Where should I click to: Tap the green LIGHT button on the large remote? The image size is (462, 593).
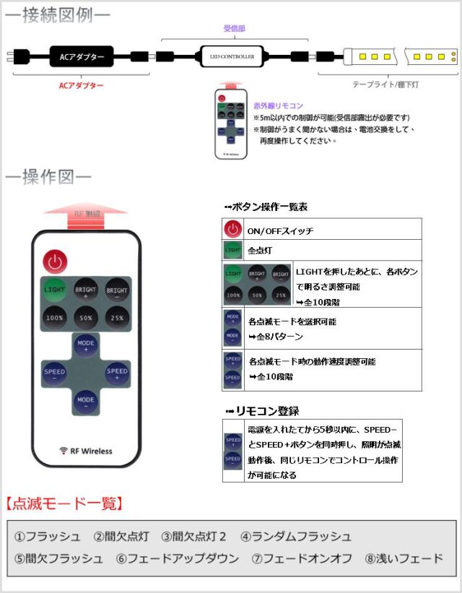click(x=55, y=289)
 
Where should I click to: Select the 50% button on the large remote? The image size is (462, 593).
click(x=86, y=318)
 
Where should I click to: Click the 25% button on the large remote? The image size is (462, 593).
click(x=116, y=318)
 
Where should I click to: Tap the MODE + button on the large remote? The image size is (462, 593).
click(x=86, y=345)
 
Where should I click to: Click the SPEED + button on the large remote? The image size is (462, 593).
click(x=117, y=373)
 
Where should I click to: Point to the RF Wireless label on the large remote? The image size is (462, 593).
click(x=86, y=451)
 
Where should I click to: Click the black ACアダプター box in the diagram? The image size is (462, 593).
click(x=82, y=56)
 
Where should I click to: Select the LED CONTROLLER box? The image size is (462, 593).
click(x=231, y=56)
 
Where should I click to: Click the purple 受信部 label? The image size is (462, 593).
click(x=232, y=28)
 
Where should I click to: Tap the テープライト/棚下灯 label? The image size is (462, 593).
click(x=386, y=84)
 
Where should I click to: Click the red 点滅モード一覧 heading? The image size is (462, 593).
click(x=64, y=503)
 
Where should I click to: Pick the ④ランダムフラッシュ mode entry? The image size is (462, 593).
click(x=296, y=536)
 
